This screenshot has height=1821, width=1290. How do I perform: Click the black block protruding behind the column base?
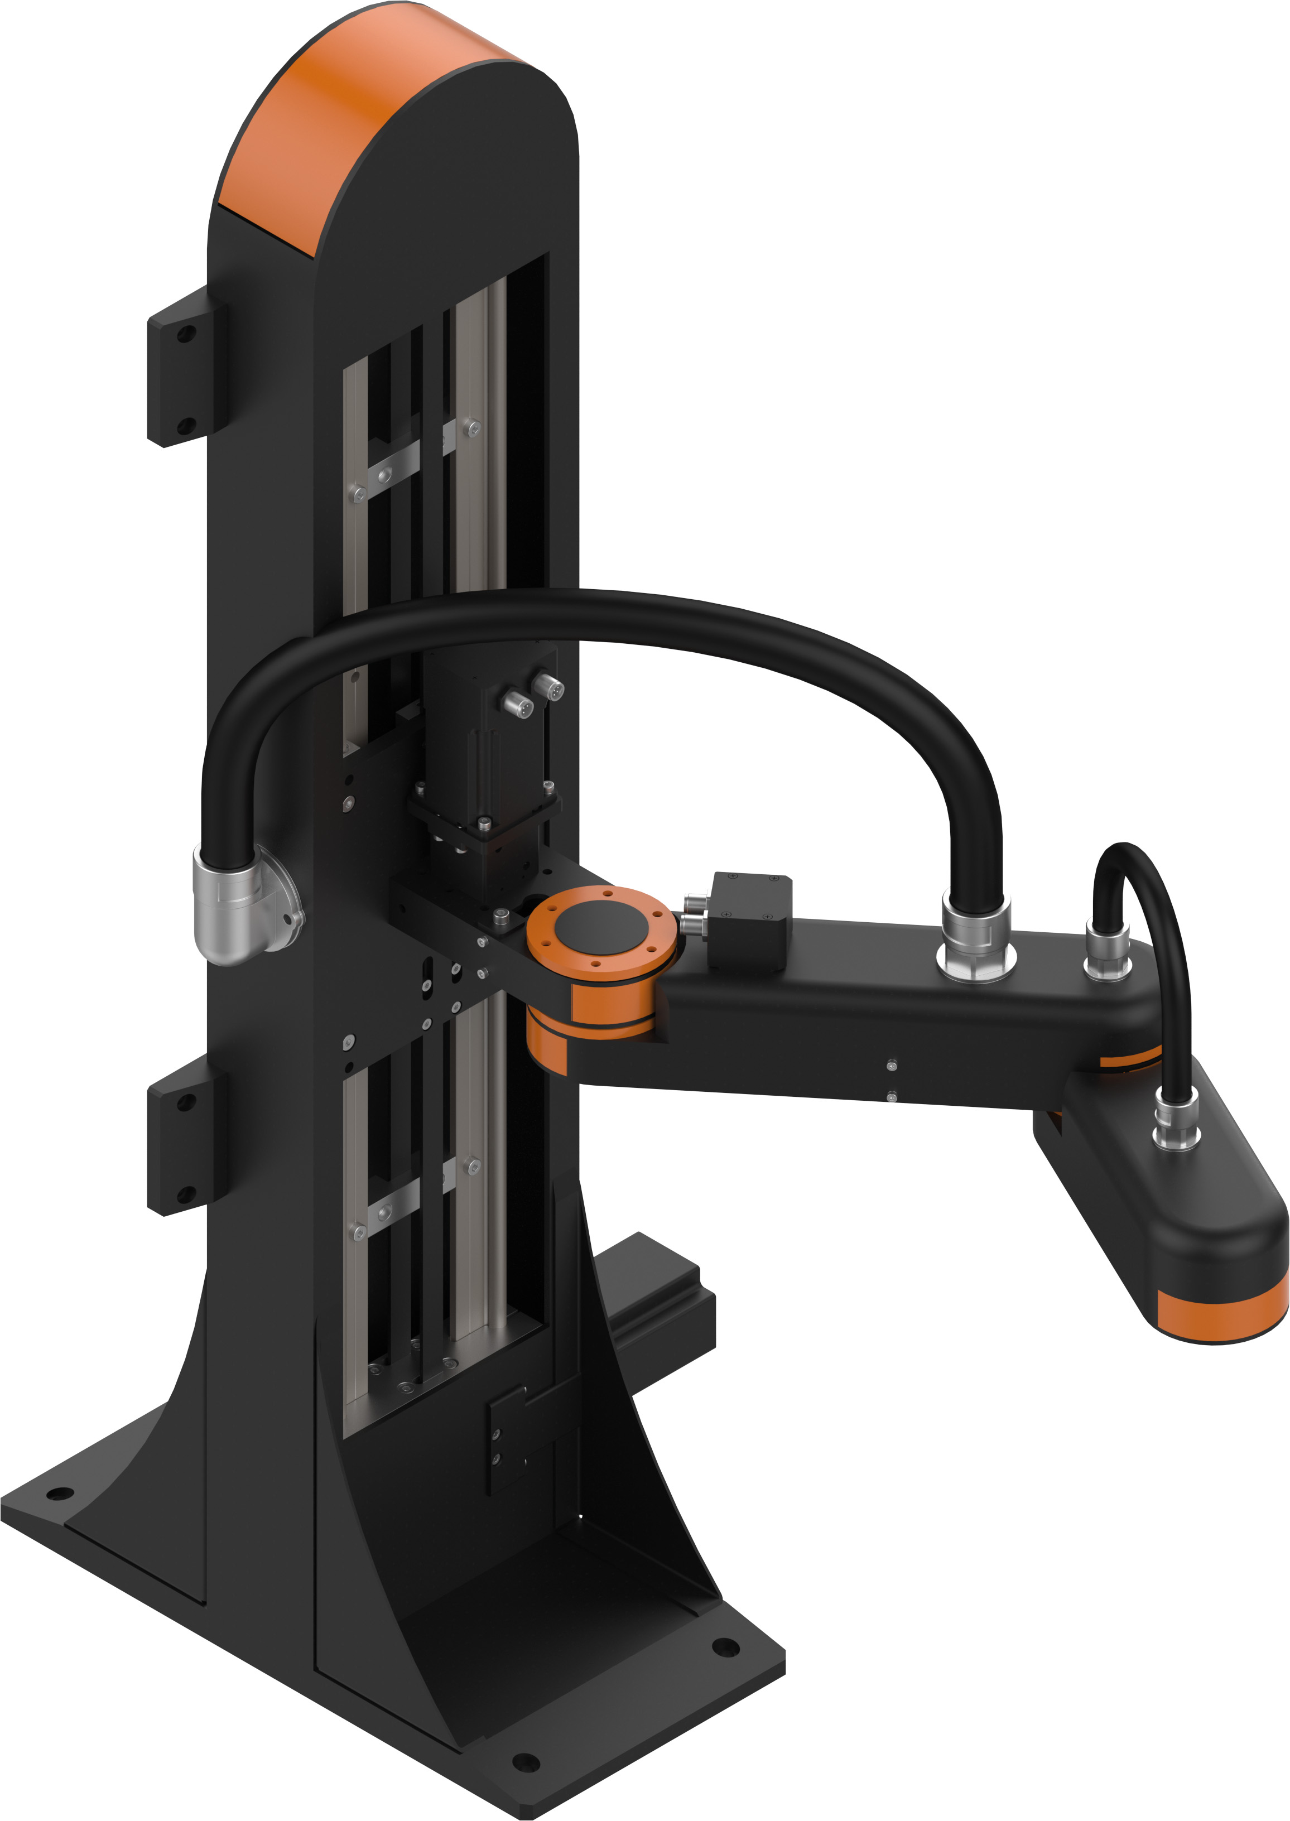pyautogui.click(x=660, y=1287)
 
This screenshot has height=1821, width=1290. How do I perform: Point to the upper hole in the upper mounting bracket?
pyautogui.click(x=185, y=335)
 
